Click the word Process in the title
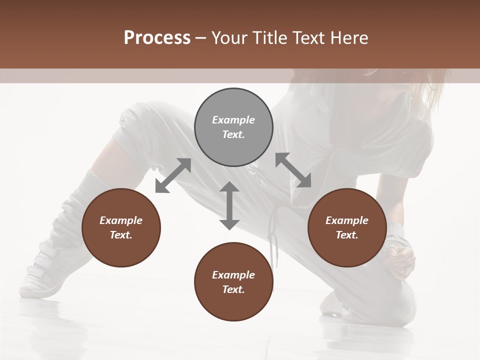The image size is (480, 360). (157, 38)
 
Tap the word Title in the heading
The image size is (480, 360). (270, 38)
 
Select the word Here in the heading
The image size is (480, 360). (350, 38)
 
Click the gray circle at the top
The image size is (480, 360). (233, 127)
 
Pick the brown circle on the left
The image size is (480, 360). (121, 228)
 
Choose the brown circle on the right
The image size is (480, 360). (347, 228)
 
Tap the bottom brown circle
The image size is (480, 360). (233, 282)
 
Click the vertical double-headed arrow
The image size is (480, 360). (229, 206)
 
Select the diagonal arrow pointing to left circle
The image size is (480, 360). (173, 175)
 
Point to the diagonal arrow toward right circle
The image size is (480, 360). (293, 170)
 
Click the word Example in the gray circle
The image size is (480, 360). (233, 120)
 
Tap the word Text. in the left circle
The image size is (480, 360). (121, 235)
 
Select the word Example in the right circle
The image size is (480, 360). (347, 220)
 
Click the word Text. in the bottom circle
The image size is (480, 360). (233, 289)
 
